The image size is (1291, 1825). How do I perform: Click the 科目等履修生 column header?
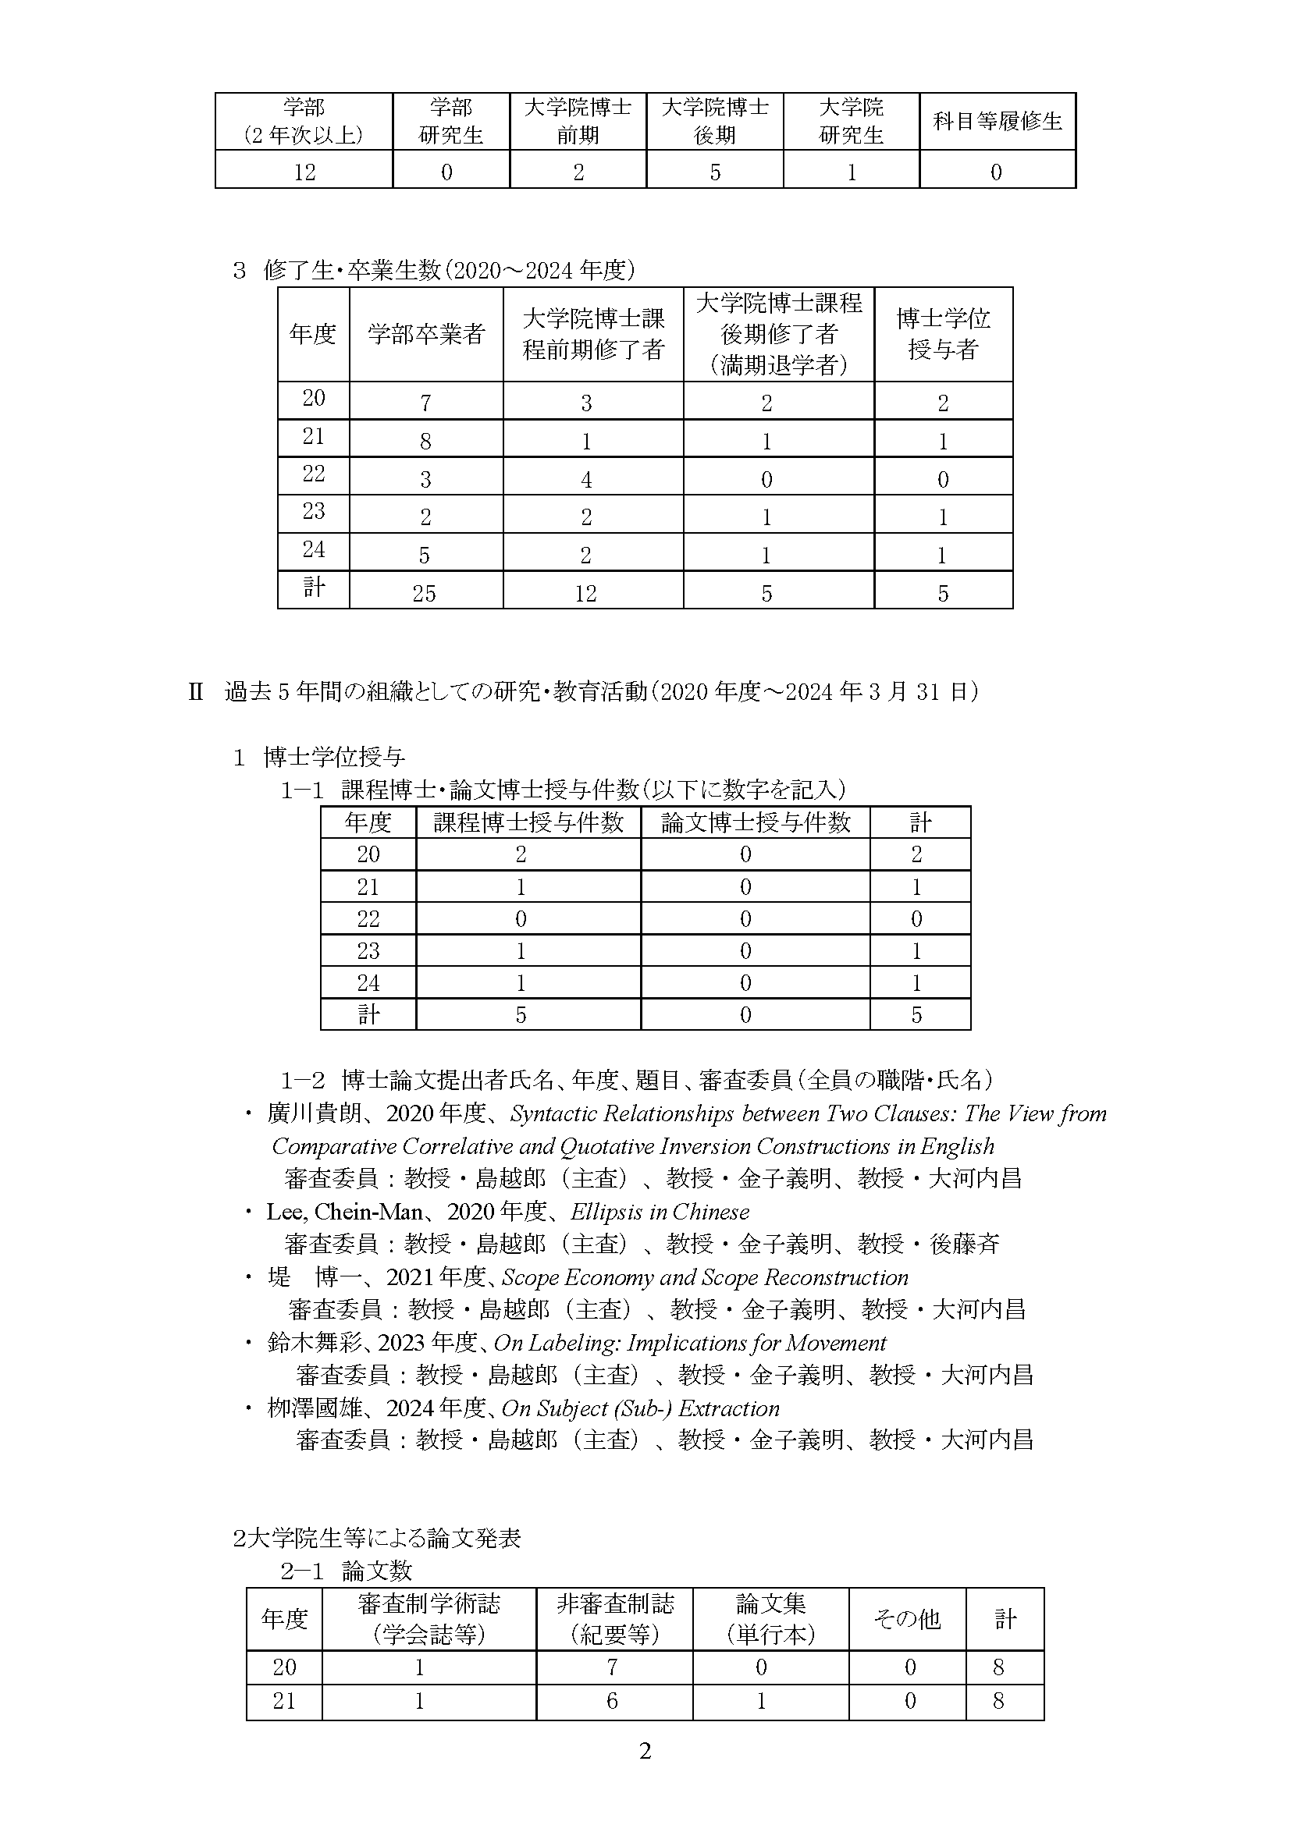point(997,121)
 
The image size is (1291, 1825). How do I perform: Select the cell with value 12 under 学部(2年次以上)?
point(304,172)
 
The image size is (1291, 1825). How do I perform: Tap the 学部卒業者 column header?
point(426,334)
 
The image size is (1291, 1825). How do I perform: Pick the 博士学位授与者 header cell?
point(943,334)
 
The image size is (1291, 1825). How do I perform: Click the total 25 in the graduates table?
point(425,593)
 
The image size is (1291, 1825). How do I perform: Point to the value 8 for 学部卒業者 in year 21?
point(425,441)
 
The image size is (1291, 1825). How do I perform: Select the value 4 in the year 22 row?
point(586,479)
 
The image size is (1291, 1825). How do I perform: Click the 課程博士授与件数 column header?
point(528,822)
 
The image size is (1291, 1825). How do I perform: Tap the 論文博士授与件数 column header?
point(756,822)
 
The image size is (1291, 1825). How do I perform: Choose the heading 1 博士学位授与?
point(318,758)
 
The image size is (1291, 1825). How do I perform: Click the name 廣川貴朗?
point(315,1113)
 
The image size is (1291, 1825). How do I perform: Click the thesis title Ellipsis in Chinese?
point(660,1212)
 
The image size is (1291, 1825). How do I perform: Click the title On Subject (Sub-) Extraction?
point(641,1408)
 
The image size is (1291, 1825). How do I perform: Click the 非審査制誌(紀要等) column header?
point(614,1618)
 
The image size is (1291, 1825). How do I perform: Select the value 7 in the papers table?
point(612,1667)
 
